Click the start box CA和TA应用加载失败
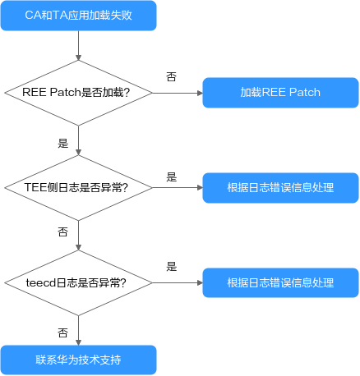point(79,16)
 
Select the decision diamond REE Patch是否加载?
point(78,93)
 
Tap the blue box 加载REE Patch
point(280,93)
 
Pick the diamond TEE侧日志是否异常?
point(78,188)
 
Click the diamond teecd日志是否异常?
point(78,283)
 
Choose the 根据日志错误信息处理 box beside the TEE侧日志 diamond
point(280,188)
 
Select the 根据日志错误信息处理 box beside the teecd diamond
point(280,282)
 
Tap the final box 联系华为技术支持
point(79,360)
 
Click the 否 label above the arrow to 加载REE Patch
point(172,77)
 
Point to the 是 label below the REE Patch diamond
point(63,143)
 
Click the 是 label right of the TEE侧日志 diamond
point(172,177)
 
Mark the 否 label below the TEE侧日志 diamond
point(63,232)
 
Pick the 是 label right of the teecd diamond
point(172,267)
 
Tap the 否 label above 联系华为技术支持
point(63,332)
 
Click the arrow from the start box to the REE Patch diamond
point(78,45)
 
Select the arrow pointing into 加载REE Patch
point(178,93)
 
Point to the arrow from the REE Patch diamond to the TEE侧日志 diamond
point(78,140)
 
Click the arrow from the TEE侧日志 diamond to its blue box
point(178,188)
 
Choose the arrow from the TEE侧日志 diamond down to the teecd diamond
point(78,236)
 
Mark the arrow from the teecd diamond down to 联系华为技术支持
point(78,331)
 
